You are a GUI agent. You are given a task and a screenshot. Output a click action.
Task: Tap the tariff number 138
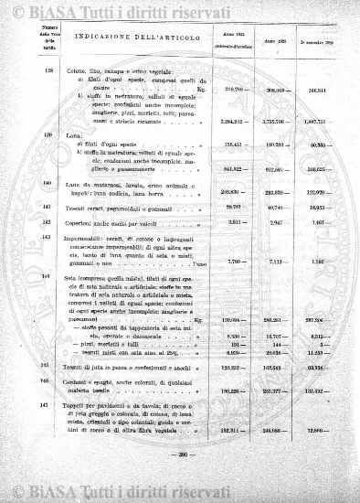coord(47,71)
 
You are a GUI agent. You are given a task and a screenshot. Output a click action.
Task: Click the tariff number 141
coord(47,208)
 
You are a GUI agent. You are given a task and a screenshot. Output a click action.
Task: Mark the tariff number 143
coord(47,238)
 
